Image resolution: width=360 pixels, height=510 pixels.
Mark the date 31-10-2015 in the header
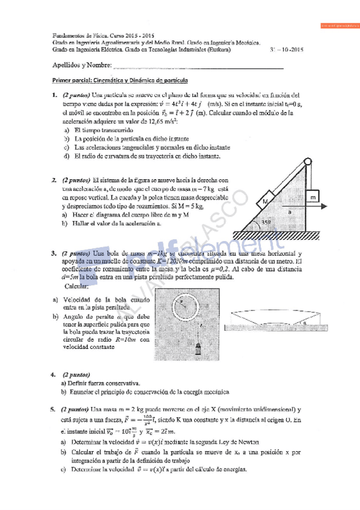(288, 50)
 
